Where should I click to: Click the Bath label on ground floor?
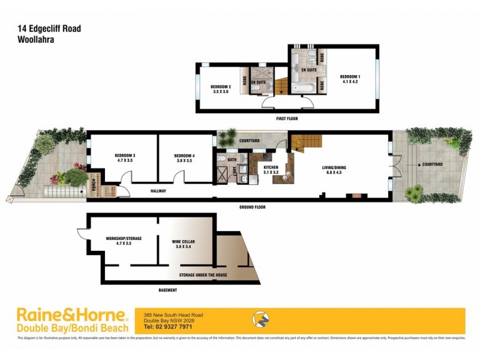[x=232, y=160]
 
